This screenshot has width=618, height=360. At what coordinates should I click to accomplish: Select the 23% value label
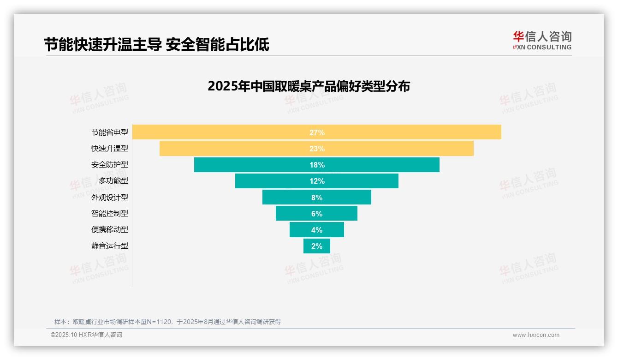(x=317, y=149)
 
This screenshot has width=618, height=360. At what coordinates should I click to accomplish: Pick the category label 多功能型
(x=113, y=181)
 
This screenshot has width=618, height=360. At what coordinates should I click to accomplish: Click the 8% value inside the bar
(x=317, y=198)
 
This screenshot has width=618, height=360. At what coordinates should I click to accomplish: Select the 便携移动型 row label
(x=109, y=229)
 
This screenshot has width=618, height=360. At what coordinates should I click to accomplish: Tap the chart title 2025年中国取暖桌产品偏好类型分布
(x=309, y=86)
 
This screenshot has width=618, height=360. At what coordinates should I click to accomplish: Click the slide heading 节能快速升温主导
(x=103, y=45)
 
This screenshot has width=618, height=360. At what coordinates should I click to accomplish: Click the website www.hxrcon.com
(x=536, y=335)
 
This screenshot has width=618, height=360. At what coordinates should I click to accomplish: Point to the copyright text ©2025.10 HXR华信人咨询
(x=86, y=335)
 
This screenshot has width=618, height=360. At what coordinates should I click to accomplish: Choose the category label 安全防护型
(x=109, y=165)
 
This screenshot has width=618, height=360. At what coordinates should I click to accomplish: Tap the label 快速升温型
(x=109, y=149)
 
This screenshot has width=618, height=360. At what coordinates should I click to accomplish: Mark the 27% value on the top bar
(x=317, y=132)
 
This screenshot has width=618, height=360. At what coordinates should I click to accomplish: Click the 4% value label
(x=317, y=230)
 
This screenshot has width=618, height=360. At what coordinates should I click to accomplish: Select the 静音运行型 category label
(x=109, y=246)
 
